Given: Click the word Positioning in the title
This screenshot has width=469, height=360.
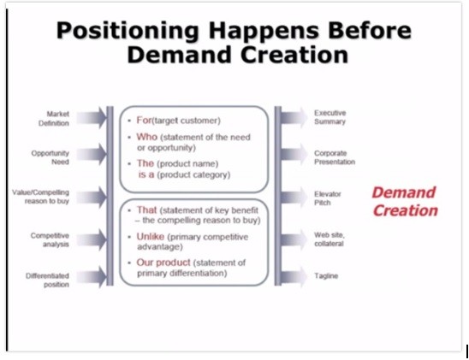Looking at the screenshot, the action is pos(128,32).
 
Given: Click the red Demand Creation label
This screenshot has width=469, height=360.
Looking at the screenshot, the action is pos(405,202).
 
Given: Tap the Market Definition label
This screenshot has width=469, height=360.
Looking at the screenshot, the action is pos(54,119).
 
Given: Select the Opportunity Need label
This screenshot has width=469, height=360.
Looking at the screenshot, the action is pos(50,157).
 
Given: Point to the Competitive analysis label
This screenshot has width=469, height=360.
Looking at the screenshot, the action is pos(50,240).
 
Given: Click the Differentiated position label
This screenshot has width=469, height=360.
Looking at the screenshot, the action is pos(47,280).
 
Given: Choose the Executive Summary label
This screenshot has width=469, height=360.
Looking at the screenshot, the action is pos(329,117).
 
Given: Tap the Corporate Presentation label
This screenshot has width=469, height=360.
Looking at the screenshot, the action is pos(335,157).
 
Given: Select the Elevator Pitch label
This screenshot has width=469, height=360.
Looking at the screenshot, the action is pos(328,198).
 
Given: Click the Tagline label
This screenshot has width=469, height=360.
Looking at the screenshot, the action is pos(326,275).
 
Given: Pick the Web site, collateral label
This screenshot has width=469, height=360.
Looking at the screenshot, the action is pos(329,239).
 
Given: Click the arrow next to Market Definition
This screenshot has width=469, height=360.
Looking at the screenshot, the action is pos(92,117).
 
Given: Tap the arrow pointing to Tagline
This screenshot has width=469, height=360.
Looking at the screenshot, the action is pos(294,277).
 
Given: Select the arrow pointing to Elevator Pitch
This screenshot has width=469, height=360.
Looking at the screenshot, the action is pos(294,198).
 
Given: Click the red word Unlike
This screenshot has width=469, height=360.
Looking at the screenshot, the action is pos(150,237).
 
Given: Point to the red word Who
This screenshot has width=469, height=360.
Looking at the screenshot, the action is pos(147,137).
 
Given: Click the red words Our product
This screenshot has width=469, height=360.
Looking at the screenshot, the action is pos(163,263).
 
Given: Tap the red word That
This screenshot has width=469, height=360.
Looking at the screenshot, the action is pos(146,210).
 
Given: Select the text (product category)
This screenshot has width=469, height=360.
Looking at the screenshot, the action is pos(193,174).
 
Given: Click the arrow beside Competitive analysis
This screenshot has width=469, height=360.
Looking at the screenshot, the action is pos(92,239).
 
